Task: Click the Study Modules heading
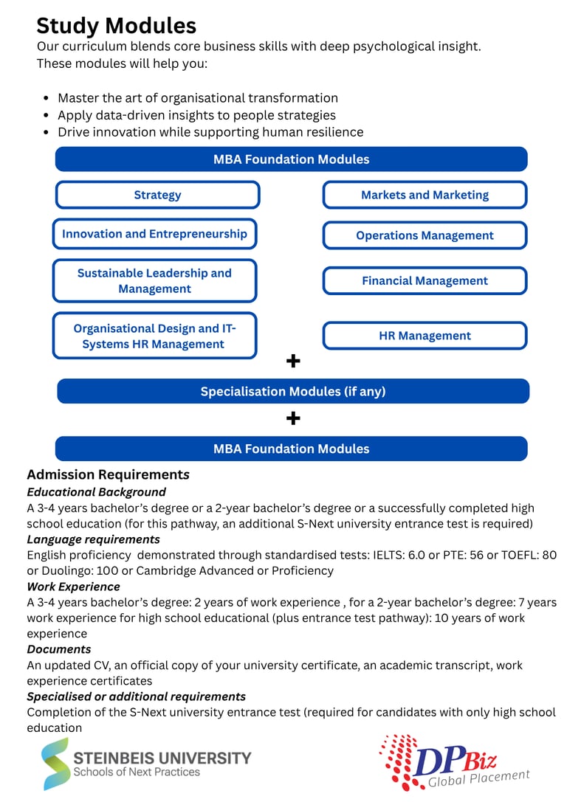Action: click(x=116, y=26)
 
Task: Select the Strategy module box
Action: click(x=157, y=196)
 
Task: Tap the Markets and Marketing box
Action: click(x=425, y=196)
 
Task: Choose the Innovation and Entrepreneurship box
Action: click(x=154, y=234)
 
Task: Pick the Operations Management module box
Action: click(x=425, y=235)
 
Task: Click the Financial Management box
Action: click(x=425, y=281)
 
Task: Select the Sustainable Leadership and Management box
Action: click(x=154, y=281)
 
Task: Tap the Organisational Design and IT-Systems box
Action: click(x=154, y=336)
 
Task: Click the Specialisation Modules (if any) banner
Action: click(x=292, y=392)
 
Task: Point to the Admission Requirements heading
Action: click(x=109, y=474)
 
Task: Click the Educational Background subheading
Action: click(x=96, y=492)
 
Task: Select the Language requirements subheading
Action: click(x=93, y=539)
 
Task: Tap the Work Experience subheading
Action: click(x=73, y=587)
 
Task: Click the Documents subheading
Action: click(x=59, y=649)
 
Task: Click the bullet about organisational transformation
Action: click(x=197, y=98)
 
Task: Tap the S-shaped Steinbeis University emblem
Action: click(x=55, y=764)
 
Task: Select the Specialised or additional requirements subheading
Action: click(x=136, y=696)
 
